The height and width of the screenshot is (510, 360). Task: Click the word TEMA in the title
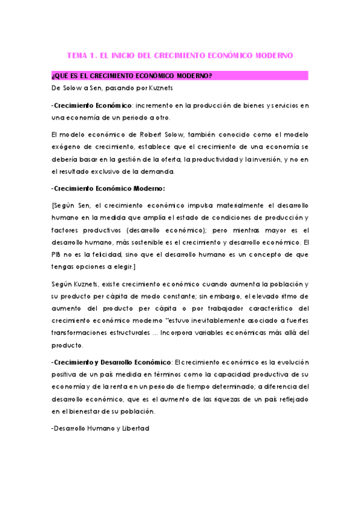click(77, 55)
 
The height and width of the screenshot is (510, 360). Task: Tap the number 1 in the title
click(92, 55)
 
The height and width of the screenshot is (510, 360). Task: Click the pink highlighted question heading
click(132, 76)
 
